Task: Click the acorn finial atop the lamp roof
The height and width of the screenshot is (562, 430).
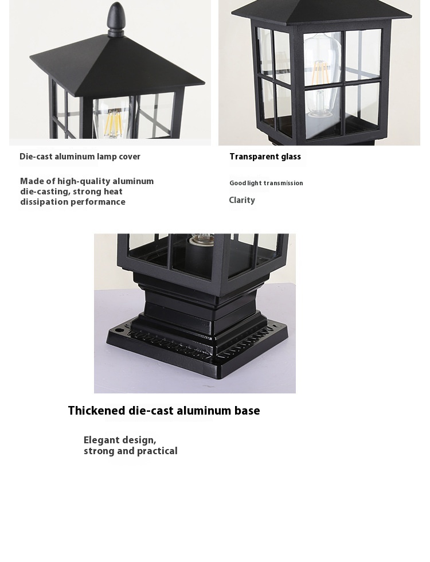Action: click(116, 18)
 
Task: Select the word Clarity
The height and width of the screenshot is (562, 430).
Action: click(242, 200)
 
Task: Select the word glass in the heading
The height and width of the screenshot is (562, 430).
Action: click(291, 157)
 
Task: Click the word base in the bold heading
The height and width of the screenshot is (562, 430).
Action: click(247, 411)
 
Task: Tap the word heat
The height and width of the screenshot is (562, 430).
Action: click(115, 192)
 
